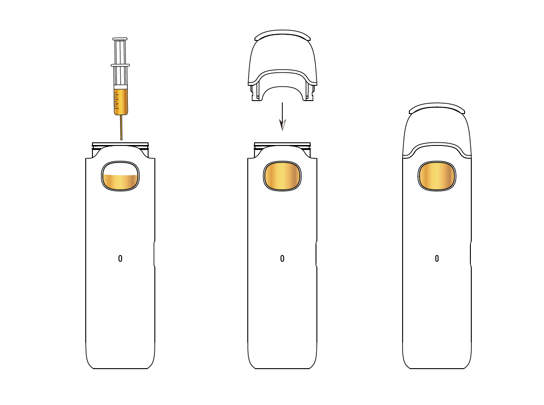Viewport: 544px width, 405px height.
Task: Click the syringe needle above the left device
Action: [x=121, y=128]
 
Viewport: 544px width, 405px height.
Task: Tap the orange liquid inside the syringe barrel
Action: [x=121, y=101]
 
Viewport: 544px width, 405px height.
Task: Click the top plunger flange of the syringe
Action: [x=120, y=39]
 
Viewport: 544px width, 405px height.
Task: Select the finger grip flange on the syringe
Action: [x=120, y=66]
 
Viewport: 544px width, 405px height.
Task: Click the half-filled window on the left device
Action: [x=120, y=176]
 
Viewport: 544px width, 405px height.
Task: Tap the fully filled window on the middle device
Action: [x=282, y=176]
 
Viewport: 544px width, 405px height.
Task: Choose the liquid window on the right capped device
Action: [x=437, y=176]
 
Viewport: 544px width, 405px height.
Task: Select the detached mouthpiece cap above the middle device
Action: [x=282, y=58]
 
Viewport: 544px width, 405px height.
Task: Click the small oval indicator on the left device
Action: [x=120, y=258]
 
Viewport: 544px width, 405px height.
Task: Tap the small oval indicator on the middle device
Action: [x=282, y=258]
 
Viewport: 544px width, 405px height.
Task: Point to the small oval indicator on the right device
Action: [x=437, y=258]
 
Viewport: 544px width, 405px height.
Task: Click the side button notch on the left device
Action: [x=154, y=254]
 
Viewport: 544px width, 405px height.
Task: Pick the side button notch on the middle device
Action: [x=316, y=254]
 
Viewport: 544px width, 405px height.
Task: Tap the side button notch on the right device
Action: [x=471, y=254]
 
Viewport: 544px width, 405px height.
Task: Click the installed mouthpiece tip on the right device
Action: [x=437, y=108]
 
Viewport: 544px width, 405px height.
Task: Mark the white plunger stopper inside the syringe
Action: [x=121, y=87]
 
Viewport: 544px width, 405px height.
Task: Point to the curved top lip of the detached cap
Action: [x=282, y=35]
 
